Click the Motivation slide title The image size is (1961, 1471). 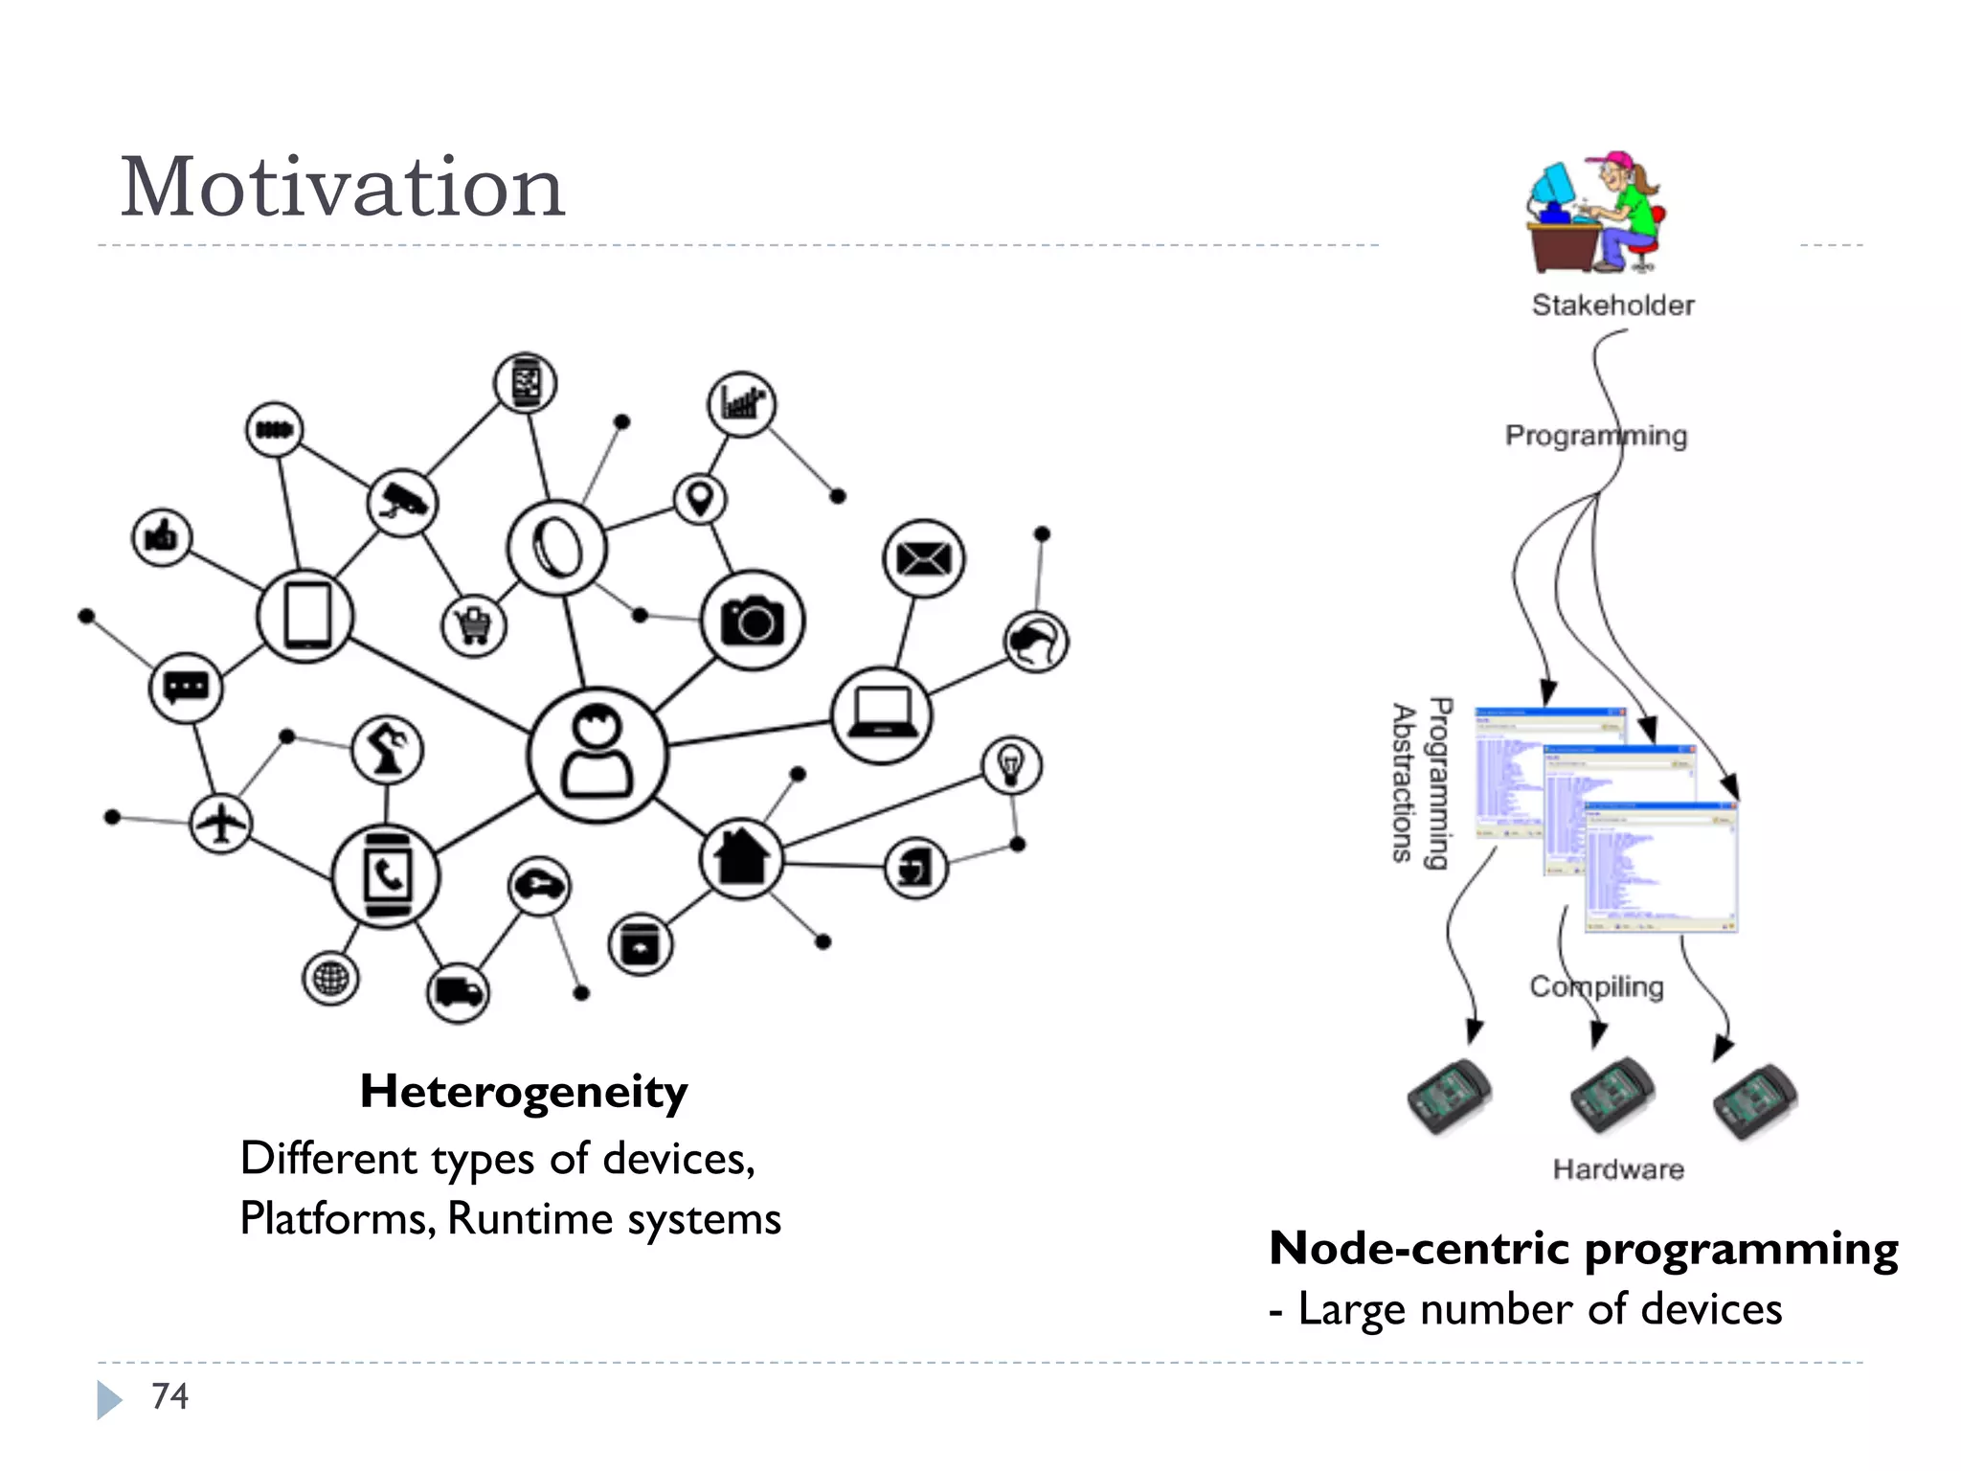pos(342,188)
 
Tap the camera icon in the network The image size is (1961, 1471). pos(753,621)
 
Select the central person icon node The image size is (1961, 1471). pos(597,756)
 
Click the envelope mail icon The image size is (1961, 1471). pos(923,558)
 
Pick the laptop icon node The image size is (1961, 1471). pos(881,715)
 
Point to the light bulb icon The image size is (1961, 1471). pos(1011,765)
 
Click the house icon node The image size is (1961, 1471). pos(742,858)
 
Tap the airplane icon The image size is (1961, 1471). pos(221,823)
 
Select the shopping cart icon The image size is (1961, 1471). pos(474,626)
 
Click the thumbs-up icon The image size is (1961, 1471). pos(161,537)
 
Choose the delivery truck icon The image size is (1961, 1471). pos(458,992)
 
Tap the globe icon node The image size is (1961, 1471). pos(330,979)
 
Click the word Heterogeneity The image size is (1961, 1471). pos(524,1092)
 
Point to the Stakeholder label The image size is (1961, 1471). pos(1612,306)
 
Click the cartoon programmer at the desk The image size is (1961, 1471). pos(1595,213)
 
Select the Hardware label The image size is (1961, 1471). pos(1618,1169)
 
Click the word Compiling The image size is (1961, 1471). pos(1596,986)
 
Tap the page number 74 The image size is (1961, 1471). pos(169,1396)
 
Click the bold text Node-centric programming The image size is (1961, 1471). pos(1583,1250)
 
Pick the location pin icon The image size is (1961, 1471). pos(700,499)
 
